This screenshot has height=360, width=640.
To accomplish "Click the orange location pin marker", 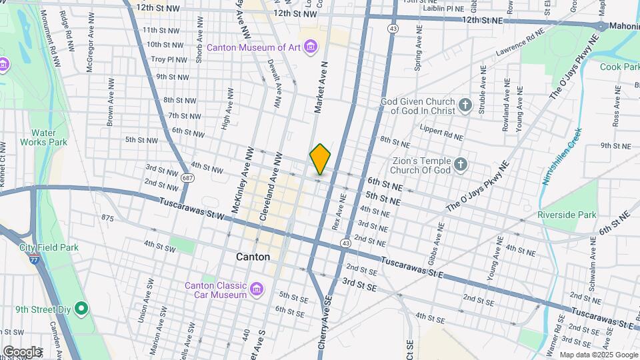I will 320,159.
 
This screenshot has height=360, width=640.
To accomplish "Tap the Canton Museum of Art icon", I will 310,47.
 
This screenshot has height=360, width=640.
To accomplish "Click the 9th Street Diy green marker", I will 81,309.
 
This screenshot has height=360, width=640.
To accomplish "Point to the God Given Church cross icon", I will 465,105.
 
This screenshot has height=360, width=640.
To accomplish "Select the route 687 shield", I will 187,177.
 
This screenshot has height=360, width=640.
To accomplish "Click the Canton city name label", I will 253,257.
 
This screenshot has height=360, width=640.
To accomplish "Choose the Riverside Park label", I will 567,215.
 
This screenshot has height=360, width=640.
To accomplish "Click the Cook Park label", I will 619,67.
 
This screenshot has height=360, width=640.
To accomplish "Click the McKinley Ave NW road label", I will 241,181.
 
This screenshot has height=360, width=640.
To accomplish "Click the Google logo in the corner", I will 21,351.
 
